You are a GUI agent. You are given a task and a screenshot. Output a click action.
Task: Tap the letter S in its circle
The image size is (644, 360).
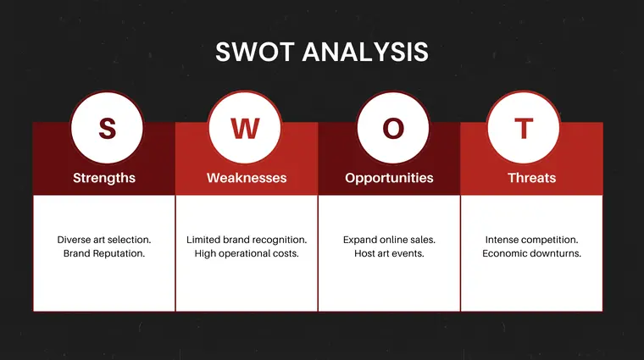(107, 129)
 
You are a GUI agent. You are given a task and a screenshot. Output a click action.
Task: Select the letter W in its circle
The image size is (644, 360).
(245, 129)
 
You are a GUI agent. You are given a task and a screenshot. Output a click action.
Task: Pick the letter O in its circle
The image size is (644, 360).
(393, 129)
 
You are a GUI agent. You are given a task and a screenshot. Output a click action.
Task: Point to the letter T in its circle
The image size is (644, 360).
(525, 129)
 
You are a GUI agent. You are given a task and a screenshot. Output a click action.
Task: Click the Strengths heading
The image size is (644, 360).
(104, 178)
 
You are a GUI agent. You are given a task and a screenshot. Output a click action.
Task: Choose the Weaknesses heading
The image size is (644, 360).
(247, 178)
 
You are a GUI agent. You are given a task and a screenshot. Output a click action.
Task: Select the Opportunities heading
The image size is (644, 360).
(389, 178)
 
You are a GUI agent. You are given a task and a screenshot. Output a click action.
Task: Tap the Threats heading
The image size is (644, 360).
(531, 178)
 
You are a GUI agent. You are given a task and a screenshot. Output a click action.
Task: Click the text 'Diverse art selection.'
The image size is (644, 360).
(104, 240)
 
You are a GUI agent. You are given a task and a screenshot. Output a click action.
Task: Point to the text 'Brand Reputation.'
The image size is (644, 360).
(104, 253)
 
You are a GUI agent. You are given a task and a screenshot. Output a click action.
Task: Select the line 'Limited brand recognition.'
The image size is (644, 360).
(247, 240)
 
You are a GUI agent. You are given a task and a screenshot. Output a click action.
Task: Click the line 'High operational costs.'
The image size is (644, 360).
(247, 253)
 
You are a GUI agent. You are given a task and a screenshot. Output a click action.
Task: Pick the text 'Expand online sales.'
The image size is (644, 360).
(389, 240)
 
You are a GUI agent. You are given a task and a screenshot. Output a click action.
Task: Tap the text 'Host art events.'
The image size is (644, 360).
(389, 253)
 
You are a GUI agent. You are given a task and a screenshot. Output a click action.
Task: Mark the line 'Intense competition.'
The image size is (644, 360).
(531, 240)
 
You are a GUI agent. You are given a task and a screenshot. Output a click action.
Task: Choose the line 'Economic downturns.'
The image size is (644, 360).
(531, 253)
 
